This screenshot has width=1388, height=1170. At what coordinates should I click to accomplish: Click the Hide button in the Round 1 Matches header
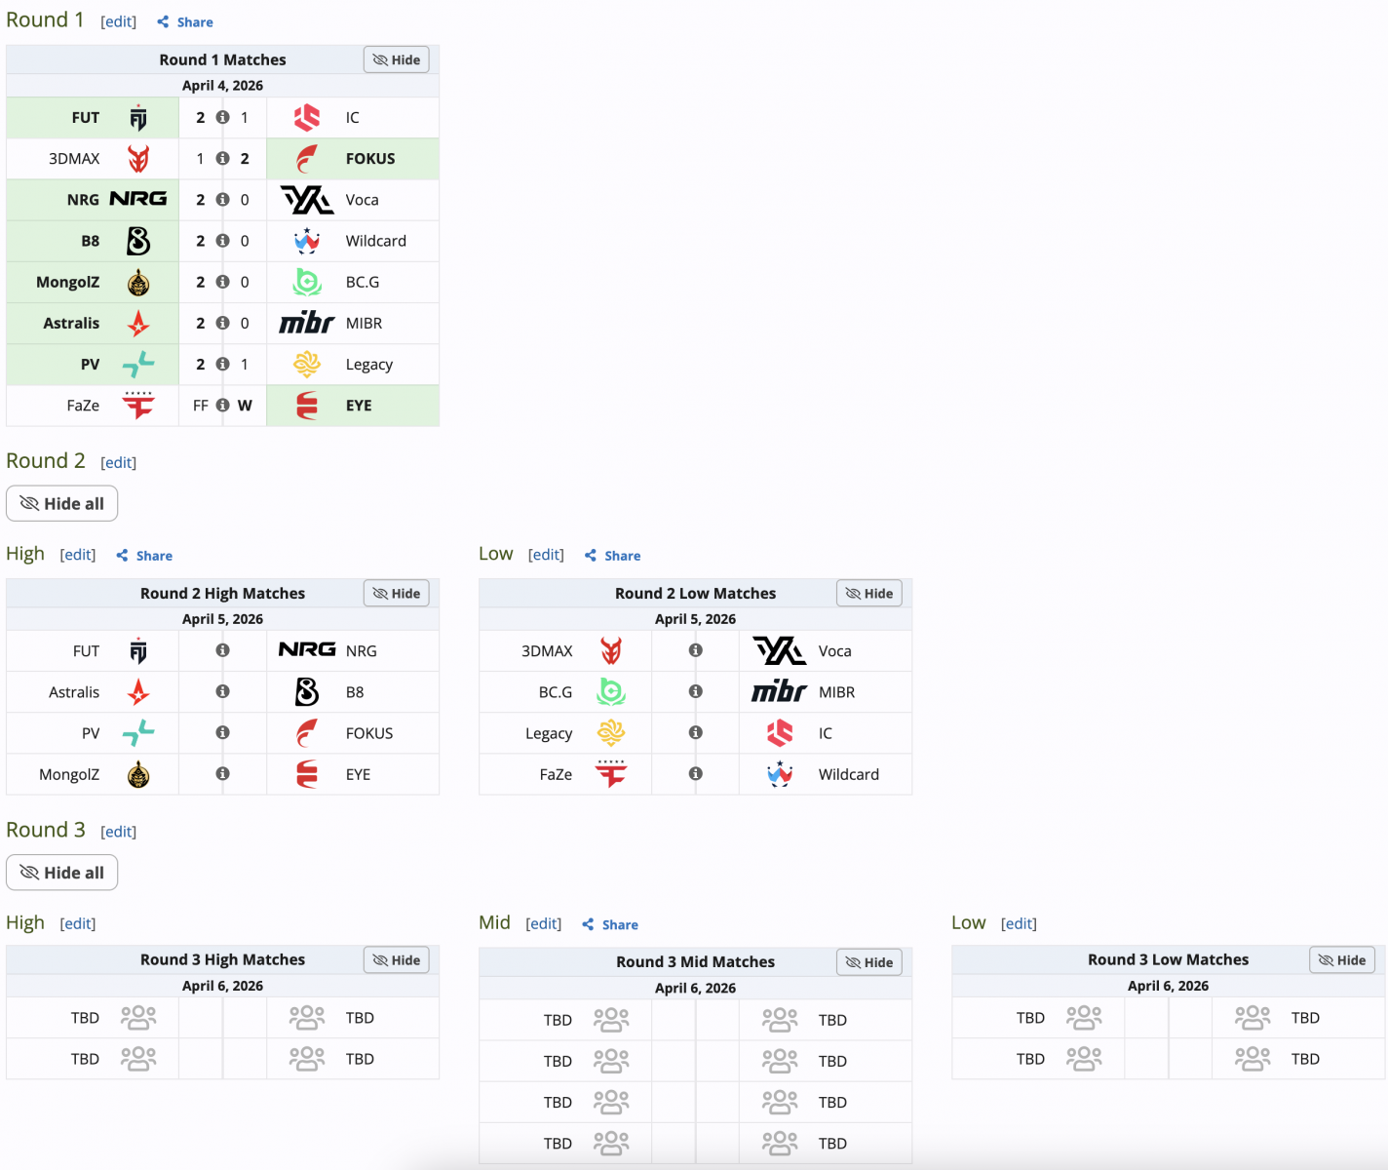coord(397,59)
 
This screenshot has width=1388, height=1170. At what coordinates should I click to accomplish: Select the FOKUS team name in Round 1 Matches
coord(370,159)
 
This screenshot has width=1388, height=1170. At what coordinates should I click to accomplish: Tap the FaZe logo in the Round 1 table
coord(138,405)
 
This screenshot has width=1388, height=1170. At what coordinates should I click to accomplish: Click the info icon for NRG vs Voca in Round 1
coord(222,200)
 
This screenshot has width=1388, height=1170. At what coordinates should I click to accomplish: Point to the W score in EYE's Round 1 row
coord(245,406)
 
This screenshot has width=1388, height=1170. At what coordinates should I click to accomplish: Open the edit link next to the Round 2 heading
coord(119,462)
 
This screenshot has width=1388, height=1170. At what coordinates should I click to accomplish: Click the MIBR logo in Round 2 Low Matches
coord(779,692)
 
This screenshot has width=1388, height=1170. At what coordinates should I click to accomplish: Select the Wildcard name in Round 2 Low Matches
coord(848,774)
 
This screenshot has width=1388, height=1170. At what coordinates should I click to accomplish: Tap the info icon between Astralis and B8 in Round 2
coord(222,691)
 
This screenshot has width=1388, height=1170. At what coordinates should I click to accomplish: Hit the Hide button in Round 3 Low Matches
coord(1342,960)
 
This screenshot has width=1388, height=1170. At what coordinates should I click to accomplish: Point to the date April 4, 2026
coord(222,86)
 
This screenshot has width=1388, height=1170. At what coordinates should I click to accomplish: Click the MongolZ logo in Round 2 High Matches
coord(138,775)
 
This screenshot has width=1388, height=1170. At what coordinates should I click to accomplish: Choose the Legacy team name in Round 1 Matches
coord(368,365)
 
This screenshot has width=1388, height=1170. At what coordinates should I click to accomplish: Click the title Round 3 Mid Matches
coord(695,962)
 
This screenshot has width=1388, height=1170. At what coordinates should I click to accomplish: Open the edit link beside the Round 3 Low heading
coord(1019,923)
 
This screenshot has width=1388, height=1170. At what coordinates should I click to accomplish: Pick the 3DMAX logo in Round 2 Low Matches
coord(611,650)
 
